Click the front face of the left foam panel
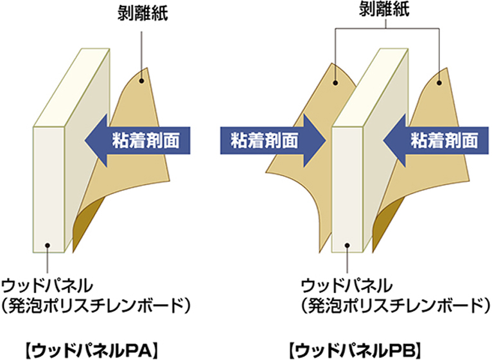pyautogui.click(x=49, y=186)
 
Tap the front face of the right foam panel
pyautogui.click(x=347, y=186)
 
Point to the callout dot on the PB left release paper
pyautogui.click(x=336, y=82)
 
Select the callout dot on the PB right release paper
pyautogui.click(x=440, y=82)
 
